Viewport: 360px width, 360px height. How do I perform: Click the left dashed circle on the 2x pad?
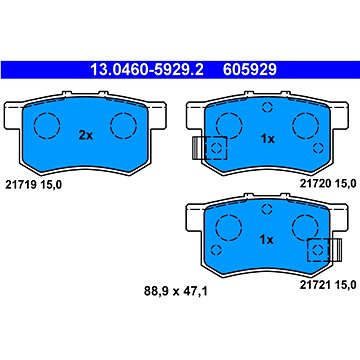[46, 126]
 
